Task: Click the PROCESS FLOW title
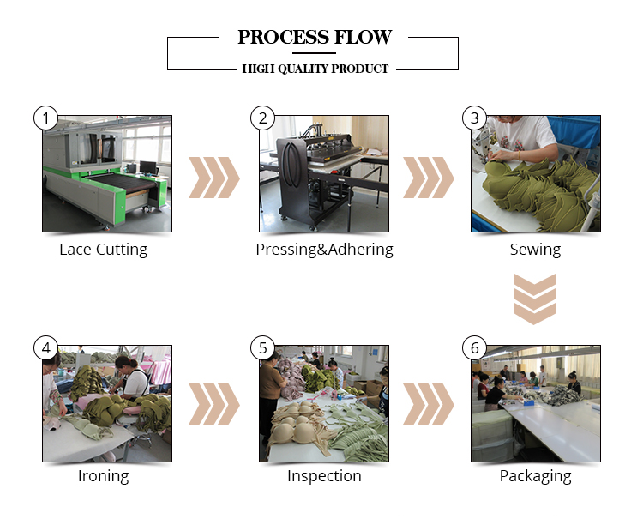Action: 315,37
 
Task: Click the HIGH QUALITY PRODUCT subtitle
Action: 315,69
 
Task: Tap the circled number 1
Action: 45,118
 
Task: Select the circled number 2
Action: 262,118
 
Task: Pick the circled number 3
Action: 474,118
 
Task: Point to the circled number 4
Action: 45,348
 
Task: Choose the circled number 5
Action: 262,348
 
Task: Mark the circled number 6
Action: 474,348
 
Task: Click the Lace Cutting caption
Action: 103,250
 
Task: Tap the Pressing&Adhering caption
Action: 324,250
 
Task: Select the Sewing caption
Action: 535,250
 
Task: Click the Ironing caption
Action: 103,476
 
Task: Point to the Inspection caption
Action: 324,476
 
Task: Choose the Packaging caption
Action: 535,476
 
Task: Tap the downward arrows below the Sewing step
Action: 535,299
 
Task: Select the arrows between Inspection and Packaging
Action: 429,404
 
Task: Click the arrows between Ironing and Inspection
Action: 214,404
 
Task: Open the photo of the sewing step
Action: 535,174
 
